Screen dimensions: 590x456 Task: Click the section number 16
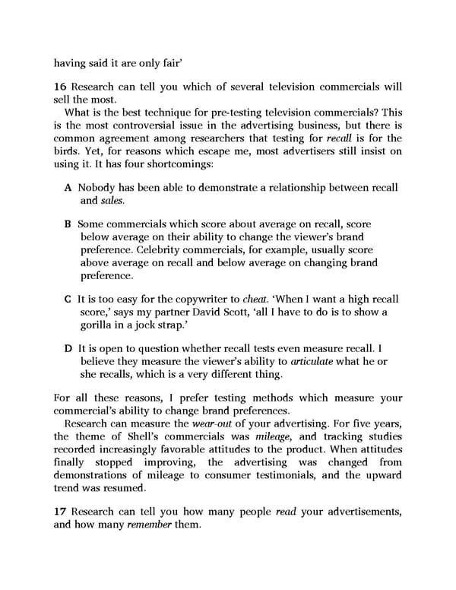point(60,87)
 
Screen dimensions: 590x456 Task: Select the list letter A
point(68,188)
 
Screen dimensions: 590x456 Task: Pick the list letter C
point(68,300)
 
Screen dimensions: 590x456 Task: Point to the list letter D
point(68,348)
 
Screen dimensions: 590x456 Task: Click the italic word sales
point(112,201)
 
